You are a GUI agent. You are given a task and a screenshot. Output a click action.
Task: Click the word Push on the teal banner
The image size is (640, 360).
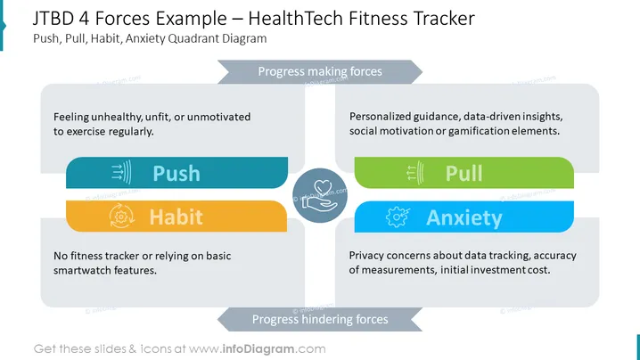(x=176, y=174)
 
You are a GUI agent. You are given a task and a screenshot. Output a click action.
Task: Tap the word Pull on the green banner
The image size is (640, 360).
(x=464, y=174)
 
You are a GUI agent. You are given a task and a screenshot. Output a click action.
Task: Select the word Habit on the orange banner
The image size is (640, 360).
(x=176, y=217)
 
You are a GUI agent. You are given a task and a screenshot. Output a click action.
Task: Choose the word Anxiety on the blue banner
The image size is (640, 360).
(x=464, y=217)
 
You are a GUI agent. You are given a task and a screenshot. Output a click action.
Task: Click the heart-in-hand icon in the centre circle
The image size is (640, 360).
(x=320, y=196)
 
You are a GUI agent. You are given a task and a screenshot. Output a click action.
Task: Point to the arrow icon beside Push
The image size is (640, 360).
(x=121, y=172)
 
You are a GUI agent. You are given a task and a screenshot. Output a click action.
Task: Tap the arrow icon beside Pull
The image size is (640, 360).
(x=415, y=173)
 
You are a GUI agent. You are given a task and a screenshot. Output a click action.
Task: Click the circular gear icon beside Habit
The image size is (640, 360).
(x=121, y=217)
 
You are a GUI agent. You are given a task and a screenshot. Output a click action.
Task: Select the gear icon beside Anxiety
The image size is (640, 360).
(x=398, y=217)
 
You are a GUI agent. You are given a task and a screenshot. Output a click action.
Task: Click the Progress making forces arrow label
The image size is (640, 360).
(x=320, y=71)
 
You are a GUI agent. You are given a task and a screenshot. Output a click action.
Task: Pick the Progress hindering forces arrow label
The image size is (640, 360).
(x=320, y=319)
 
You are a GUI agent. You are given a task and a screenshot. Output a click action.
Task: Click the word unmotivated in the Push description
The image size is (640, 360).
(x=218, y=117)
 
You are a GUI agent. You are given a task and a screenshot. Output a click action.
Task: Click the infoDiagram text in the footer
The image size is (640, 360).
(x=258, y=349)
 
